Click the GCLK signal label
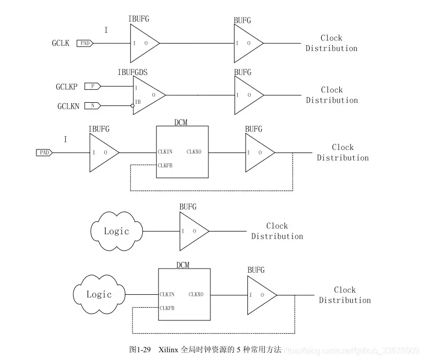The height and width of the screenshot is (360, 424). (61, 44)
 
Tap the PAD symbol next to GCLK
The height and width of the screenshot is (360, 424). (85, 44)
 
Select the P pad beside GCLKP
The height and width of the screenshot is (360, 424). (92, 86)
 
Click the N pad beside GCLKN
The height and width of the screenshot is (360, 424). (92, 106)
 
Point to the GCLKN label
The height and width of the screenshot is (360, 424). (68, 106)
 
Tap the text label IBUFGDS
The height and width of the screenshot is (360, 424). (132, 72)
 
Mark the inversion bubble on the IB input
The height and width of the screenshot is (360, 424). (132, 106)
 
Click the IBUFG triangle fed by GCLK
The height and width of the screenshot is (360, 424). (143, 43)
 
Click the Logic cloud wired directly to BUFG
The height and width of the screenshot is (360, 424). (117, 231)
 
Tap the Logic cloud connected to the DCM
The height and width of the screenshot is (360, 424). (99, 295)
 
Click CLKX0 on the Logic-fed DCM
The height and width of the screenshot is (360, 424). (196, 295)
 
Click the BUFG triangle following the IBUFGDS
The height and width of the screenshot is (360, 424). (247, 95)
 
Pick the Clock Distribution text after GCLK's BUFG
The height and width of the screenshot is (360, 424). (332, 43)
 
